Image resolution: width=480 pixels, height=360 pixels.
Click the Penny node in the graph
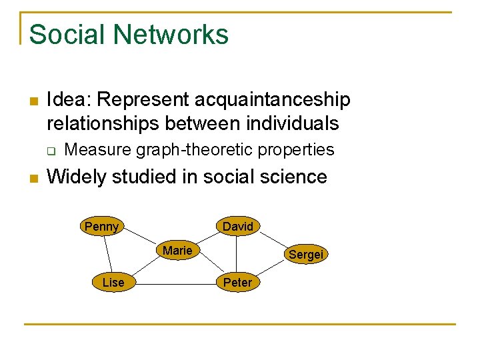[101, 227]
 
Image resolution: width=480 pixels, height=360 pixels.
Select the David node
[238, 227]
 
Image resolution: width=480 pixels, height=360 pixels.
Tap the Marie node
[177, 251]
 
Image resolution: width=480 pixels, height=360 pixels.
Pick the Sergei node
[305, 254]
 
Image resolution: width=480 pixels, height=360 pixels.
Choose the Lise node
[113, 283]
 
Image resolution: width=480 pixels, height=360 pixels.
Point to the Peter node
[237, 283]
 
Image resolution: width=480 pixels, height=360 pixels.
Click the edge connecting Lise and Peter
[175, 283]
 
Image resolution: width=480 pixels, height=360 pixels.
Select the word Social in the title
[62, 35]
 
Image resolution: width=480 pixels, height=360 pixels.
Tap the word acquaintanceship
[272, 100]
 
